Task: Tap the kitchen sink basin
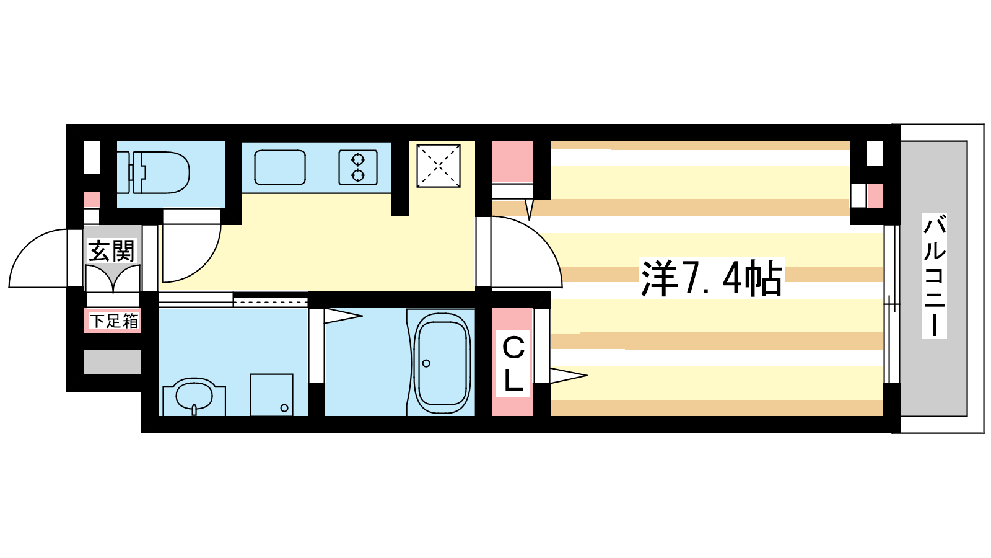[x=279, y=167]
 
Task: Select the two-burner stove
[x=358, y=167]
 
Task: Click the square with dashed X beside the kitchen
[x=439, y=166]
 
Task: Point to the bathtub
[x=442, y=363]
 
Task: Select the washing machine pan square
[x=272, y=395]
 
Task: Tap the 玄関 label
[x=111, y=251]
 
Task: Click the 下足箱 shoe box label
[x=113, y=321]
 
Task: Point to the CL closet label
[x=513, y=364]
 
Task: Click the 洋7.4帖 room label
[x=712, y=278]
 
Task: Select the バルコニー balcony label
[x=935, y=276]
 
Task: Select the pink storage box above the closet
[x=512, y=162]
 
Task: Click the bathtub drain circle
[x=426, y=363]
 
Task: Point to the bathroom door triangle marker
[x=343, y=316]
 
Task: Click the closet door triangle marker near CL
[x=569, y=376]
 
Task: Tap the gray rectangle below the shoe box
[x=112, y=362]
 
